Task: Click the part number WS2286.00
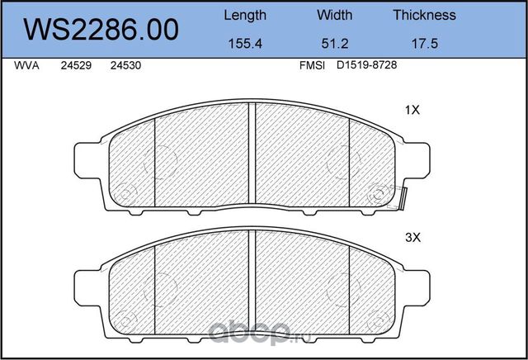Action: [x=101, y=30]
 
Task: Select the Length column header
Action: [x=245, y=16]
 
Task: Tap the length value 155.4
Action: [x=245, y=44]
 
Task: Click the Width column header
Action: [x=334, y=15]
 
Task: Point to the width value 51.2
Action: [x=335, y=44]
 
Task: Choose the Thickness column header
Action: [x=424, y=15]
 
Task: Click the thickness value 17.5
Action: [x=425, y=44]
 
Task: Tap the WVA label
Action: [x=26, y=65]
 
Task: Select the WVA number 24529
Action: [x=76, y=65]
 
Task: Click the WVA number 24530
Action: [x=125, y=65]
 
